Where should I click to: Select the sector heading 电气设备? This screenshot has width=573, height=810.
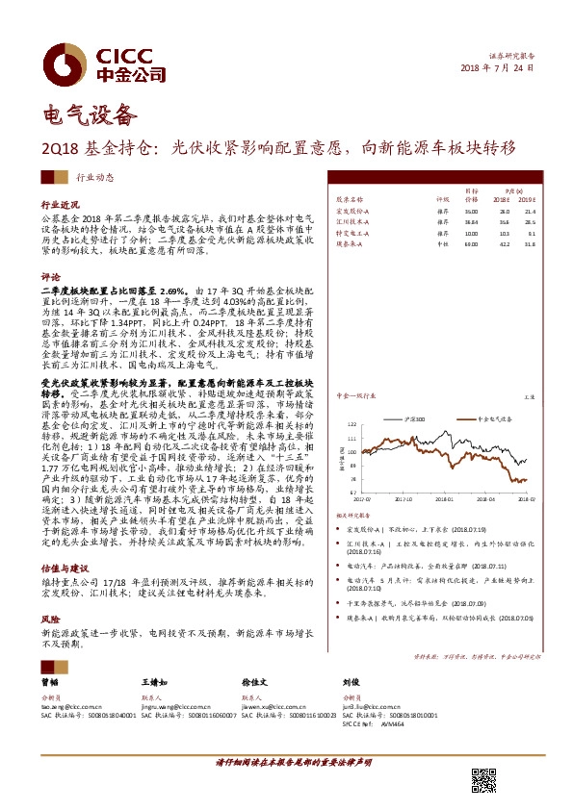point(85,117)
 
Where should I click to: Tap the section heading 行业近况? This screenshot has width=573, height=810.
point(60,206)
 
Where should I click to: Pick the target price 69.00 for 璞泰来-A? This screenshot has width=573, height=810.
point(470,245)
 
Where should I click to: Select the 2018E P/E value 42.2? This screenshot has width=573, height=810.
point(503,245)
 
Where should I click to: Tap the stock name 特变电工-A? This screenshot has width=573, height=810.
point(352,234)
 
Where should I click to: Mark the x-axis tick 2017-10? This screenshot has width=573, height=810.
point(400,499)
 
